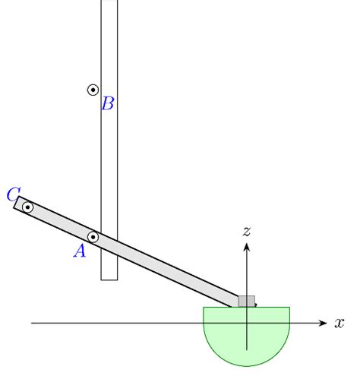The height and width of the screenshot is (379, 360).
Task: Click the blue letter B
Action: pos(108,104)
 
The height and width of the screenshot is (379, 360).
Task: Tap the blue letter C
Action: pos(13,194)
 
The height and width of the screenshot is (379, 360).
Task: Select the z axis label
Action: pos(246,230)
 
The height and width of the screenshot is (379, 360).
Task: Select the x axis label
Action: pos(339,324)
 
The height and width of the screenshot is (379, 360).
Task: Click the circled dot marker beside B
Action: pos(93,90)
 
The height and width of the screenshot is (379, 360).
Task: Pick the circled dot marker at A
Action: pos(93,237)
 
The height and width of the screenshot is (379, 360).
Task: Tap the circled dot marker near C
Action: pos(27,207)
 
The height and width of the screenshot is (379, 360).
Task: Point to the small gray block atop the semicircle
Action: pos(246,302)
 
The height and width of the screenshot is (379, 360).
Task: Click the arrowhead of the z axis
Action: pos(246,245)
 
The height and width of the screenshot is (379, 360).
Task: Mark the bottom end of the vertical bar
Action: pos(109,279)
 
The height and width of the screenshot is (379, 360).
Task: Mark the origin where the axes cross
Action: pos(246,324)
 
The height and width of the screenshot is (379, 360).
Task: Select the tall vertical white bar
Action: pos(109,152)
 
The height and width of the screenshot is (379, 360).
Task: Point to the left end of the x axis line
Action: pos(32,324)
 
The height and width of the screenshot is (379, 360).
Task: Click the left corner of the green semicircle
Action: pos(204,308)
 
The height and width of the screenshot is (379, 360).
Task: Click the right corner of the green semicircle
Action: pos(289,308)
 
